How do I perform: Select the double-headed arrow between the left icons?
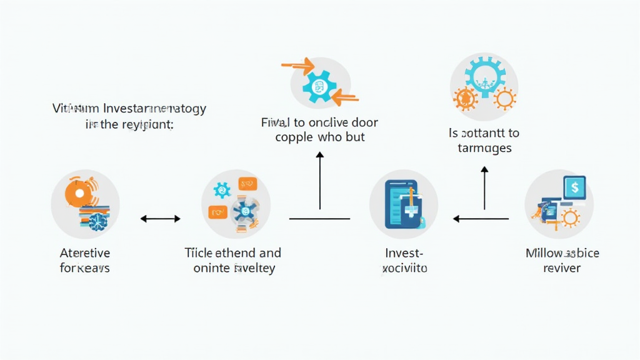pyautogui.click(x=160, y=219)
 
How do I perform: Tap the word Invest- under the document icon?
pyautogui.click(x=404, y=253)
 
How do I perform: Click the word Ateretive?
pyautogui.click(x=85, y=253)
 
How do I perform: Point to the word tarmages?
pyautogui.click(x=484, y=148)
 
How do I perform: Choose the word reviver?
pyautogui.click(x=562, y=268)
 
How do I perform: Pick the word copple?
pyautogui.click(x=296, y=137)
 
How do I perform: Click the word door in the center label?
pyautogui.click(x=364, y=122)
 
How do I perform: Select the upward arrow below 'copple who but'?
pyautogui.click(x=320, y=181)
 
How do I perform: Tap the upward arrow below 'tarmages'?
pyautogui.click(x=484, y=187)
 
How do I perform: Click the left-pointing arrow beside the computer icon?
pyautogui.click(x=481, y=219)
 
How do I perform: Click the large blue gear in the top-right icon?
pyautogui.click(x=481, y=74)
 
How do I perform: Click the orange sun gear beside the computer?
pyautogui.click(x=570, y=217)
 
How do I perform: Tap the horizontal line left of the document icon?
pyautogui.click(x=319, y=219)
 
